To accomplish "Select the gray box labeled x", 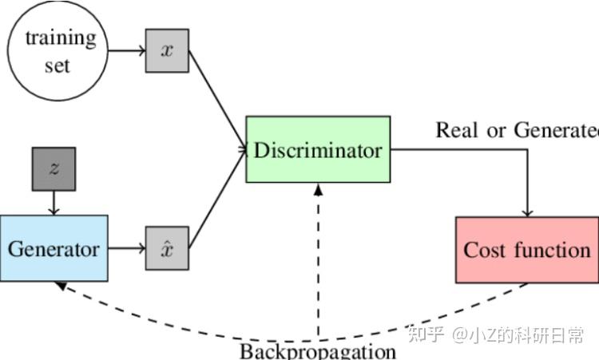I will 167,50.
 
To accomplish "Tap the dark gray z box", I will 54,168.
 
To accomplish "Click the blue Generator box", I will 54,248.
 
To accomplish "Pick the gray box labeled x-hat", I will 167,248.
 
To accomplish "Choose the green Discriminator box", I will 318,149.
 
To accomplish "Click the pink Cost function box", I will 526,249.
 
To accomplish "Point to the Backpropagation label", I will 318,351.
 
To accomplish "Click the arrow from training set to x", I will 126,50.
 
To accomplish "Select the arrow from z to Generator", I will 54,203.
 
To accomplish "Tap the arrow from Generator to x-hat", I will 126,248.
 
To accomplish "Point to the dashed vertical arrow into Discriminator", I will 318,263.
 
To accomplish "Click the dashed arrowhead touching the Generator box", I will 61,286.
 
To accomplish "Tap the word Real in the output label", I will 455,129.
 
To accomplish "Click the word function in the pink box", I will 552,249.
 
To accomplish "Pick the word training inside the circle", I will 60,37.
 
